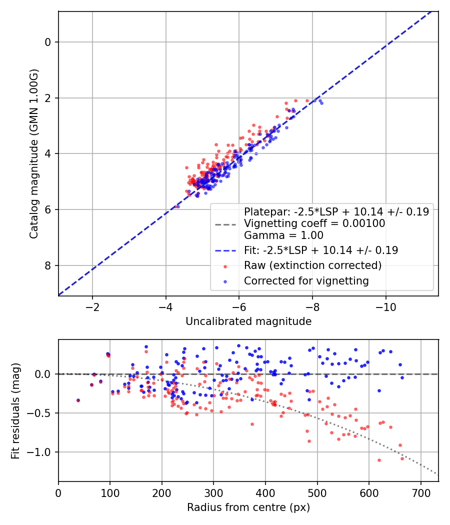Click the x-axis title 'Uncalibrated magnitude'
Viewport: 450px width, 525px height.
coord(248,321)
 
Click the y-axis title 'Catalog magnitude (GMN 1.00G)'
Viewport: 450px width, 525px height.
coord(33,153)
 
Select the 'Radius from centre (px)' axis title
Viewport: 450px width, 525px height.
coord(248,507)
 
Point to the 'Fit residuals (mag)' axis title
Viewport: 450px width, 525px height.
coord(15,410)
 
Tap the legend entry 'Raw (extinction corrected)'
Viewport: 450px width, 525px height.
coord(312,265)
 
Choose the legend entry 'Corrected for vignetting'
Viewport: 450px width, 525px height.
coord(306,281)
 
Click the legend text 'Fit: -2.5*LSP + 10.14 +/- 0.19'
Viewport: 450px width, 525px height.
coord(321,250)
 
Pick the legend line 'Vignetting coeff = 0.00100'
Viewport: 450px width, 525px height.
coord(314,223)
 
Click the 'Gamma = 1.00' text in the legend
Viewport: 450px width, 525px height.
coord(283,235)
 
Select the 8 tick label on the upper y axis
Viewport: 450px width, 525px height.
coord(48,265)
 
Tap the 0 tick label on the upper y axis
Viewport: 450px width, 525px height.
coord(48,42)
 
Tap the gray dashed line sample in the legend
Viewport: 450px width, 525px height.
coord(225,223)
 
